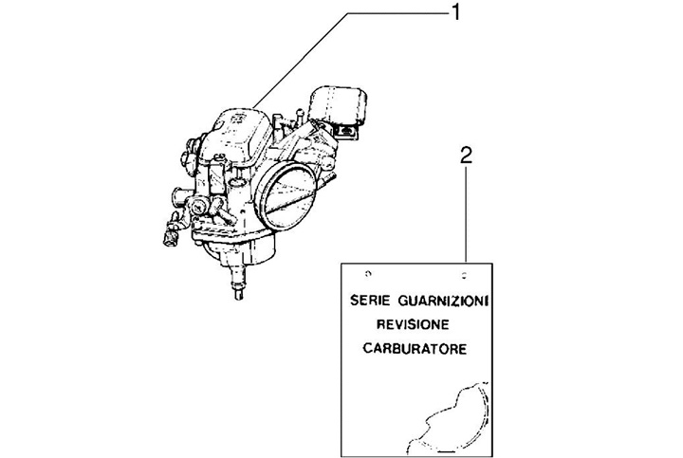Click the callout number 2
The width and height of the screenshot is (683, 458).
(x=464, y=156)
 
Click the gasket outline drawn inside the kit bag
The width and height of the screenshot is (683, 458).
(x=454, y=417)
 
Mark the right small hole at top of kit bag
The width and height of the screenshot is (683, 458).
(x=464, y=274)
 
